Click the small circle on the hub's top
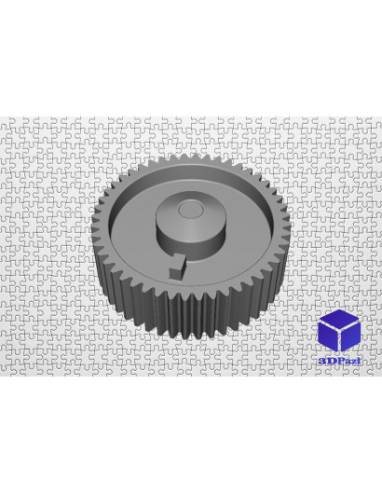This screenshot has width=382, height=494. point(190,210)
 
